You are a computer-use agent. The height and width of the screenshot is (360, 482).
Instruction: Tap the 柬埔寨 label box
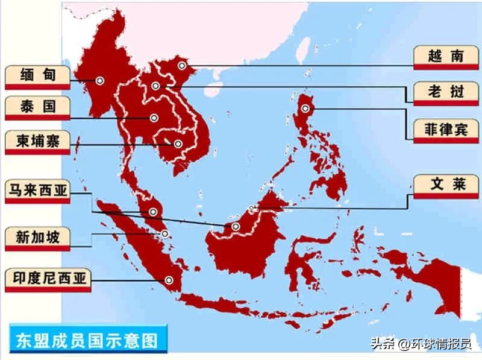tap(37, 142)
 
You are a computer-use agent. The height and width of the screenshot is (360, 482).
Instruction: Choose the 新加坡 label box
tap(37, 237)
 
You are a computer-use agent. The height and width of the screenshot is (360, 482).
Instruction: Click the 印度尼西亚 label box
tap(45, 279)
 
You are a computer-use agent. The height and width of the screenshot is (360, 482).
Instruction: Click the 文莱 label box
tap(446, 185)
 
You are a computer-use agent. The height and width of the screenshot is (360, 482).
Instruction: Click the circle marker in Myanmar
tap(99, 80)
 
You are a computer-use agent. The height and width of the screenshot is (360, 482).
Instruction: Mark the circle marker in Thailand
tap(154, 118)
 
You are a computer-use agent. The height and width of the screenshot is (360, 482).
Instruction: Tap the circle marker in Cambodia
tap(178, 144)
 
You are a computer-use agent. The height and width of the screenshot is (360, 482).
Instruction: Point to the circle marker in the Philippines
tap(305, 109)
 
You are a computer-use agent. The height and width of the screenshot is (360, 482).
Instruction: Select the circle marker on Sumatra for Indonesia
tap(169, 279)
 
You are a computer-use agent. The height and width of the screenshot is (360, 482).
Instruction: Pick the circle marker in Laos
tap(156, 86)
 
